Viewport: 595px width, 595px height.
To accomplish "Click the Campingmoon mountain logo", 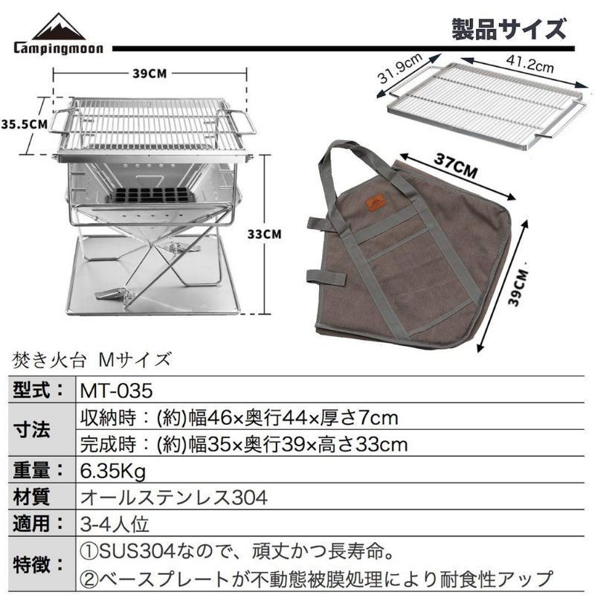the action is pyautogui.click(x=59, y=33).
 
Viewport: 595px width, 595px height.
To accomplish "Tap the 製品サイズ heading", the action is pyautogui.click(x=509, y=29).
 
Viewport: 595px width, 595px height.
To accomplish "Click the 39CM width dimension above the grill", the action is pyautogui.click(x=149, y=73).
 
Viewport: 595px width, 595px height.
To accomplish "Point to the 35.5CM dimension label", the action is pyautogui.click(x=25, y=124).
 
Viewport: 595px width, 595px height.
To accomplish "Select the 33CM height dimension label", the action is pyautogui.click(x=265, y=234).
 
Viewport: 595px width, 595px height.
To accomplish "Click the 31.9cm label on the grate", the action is pyautogui.click(x=400, y=68).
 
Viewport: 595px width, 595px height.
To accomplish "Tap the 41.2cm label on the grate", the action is pyautogui.click(x=530, y=63).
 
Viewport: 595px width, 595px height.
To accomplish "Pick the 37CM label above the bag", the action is pyautogui.click(x=455, y=165).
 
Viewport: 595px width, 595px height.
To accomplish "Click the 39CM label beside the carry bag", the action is pyautogui.click(x=518, y=287).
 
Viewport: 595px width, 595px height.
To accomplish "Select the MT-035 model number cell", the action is pyautogui.click(x=116, y=390).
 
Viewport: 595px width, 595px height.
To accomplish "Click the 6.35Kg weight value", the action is pyautogui.click(x=113, y=472).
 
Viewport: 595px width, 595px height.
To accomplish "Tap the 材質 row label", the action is pyautogui.click(x=31, y=497).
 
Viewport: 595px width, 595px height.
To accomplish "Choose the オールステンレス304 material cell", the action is pyautogui.click(x=174, y=497).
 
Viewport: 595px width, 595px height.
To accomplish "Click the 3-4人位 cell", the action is pyautogui.click(x=115, y=524).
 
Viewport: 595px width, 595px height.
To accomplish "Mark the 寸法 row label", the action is pyautogui.click(x=31, y=430).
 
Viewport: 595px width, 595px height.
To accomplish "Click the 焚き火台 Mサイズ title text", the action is pyautogui.click(x=91, y=359).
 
